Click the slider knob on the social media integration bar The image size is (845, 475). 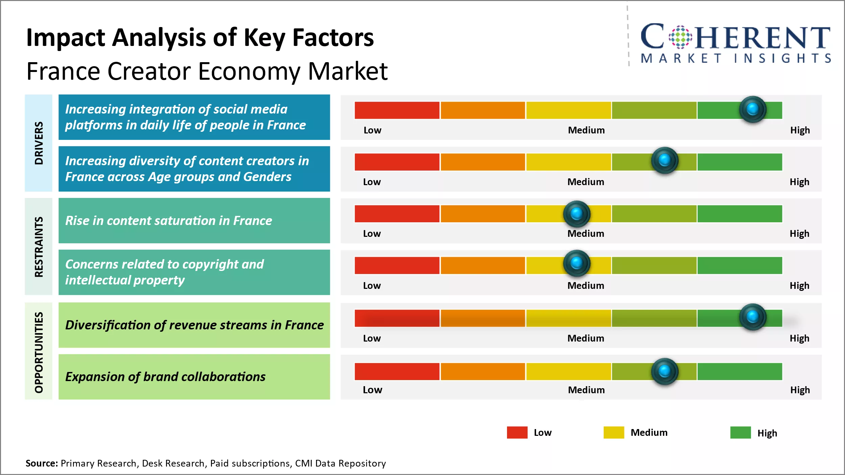click(752, 109)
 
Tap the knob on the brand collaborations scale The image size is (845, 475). click(665, 371)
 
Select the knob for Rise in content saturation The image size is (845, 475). click(577, 214)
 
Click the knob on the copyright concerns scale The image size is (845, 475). click(577, 263)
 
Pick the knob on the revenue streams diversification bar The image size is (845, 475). click(752, 317)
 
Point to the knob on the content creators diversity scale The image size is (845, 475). click(665, 160)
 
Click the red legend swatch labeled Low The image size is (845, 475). click(517, 432)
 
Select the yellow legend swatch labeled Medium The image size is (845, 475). click(613, 432)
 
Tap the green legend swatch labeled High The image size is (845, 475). click(740, 432)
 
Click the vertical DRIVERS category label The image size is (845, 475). click(39, 143)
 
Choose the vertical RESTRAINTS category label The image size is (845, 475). click(39, 247)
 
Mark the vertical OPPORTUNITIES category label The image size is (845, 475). click(39, 352)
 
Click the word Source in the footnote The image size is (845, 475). click(42, 463)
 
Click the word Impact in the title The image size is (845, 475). click(66, 38)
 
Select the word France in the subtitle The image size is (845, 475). click(63, 72)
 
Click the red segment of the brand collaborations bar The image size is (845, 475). click(397, 372)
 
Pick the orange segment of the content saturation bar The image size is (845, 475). click(483, 214)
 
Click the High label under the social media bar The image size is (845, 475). click(800, 130)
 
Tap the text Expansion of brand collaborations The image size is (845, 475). click(165, 377)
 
